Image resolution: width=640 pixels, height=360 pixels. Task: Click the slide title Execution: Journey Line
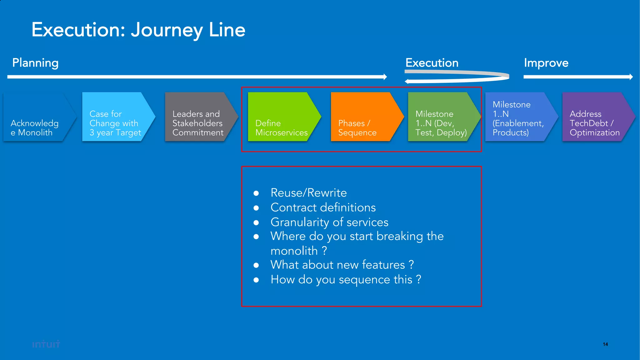coord(138,30)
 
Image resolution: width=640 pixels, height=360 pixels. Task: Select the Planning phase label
coord(35,63)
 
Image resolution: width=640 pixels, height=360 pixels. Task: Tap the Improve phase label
coord(546,63)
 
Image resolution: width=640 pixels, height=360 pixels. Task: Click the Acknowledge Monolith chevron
coord(35,117)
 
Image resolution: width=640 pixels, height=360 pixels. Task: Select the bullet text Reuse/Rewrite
coord(308,193)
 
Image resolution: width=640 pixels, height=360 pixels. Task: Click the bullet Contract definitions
coord(323,207)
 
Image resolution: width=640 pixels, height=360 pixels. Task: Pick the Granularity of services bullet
coord(329,222)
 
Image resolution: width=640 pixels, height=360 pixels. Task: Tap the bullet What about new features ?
coord(342,265)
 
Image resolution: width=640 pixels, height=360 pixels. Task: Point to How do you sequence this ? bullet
coord(346,279)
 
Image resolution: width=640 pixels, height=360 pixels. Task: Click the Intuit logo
coord(46,344)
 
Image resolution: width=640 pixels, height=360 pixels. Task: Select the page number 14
coord(605,344)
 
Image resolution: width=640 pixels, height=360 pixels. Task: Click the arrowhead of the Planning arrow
coord(385,77)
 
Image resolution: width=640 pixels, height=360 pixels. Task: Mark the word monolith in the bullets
coord(294,251)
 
